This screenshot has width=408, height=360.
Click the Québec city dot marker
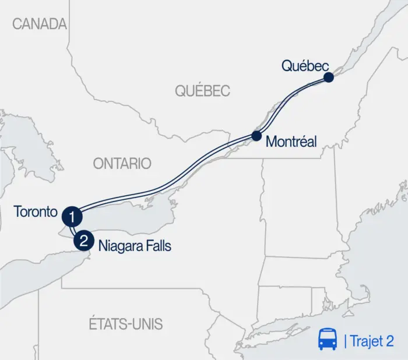pyautogui.click(x=329, y=77)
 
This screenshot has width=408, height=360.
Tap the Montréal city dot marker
pyautogui.click(x=256, y=136)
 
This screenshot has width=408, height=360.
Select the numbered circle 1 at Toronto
pyautogui.click(x=72, y=217)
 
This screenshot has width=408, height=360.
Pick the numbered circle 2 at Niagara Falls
pyautogui.click(x=84, y=239)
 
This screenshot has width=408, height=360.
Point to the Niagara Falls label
pyautogui.click(x=135, y=246)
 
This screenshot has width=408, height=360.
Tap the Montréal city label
pyautogui.click(x=291, y=142)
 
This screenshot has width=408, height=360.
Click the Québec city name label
pyautogui.click(x=305, y=66)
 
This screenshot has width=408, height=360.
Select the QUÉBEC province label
pyautogui.click(x=203, y=91)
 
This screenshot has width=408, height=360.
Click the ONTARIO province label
pyautogui.click(x=122, y=164)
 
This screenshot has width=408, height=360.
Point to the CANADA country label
pyautogui.click(x=40, y=24)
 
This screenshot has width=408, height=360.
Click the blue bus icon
pyautogui.click(x=327, y=340)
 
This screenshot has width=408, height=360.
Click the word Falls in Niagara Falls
pyautogui.click(x=158, y=246)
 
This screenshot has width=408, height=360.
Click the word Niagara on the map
pyautogui.click(x=119, y=246)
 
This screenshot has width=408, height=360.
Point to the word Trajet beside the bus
pyautogui.click(x=365, y=341)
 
